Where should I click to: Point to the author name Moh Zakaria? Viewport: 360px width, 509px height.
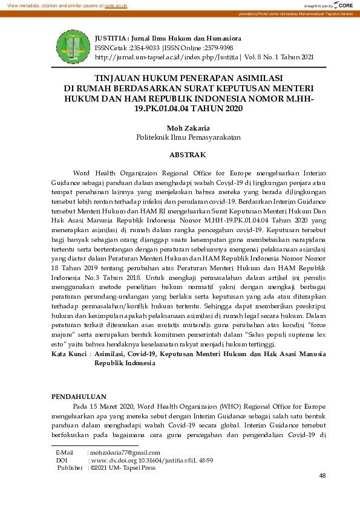(x=180, y=128)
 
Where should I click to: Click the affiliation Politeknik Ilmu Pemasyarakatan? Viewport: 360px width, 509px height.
(x=180, y=137)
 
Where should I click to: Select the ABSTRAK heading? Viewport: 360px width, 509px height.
(x=180, y=155)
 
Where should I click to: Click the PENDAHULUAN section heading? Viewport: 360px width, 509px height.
(x=79, y=397)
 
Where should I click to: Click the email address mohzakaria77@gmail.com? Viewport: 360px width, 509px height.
(x=124, y=453)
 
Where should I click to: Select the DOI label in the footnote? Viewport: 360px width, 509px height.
(x=61, y=460)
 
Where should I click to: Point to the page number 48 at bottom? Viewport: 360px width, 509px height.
(x=322, y=476)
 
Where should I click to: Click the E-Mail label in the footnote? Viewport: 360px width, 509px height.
(x=64, y=453)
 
